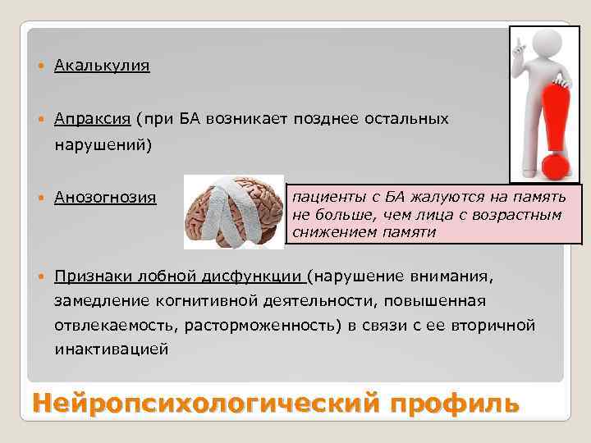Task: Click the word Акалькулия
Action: [102, 66]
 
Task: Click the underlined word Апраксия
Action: [93, 119]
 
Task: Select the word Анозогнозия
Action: [106, 198]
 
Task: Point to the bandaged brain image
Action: [231, 211]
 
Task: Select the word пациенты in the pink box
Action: [323, 198]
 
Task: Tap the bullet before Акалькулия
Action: [43, 66]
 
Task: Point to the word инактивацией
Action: [112, 349]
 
